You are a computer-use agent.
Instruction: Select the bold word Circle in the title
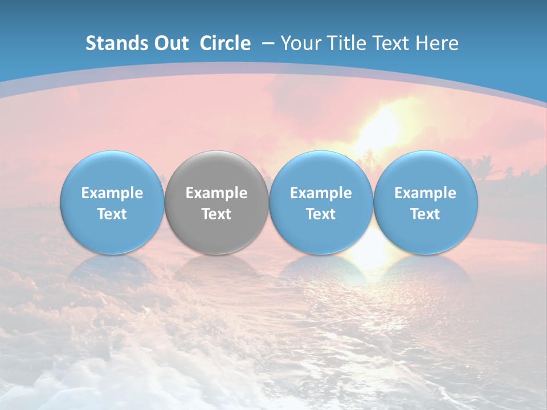tap(225, 43)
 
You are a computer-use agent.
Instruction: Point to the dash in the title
tap(266, 44)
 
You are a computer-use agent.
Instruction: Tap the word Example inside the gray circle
tap(217, 193)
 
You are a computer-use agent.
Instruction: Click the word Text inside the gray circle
tap(217, 214)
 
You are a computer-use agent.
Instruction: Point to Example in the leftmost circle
tap(112, 193)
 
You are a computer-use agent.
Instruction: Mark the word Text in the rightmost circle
tap(425, 214)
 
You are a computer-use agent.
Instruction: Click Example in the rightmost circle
tap(425, 193)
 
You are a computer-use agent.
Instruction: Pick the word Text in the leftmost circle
tap(112, 214)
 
